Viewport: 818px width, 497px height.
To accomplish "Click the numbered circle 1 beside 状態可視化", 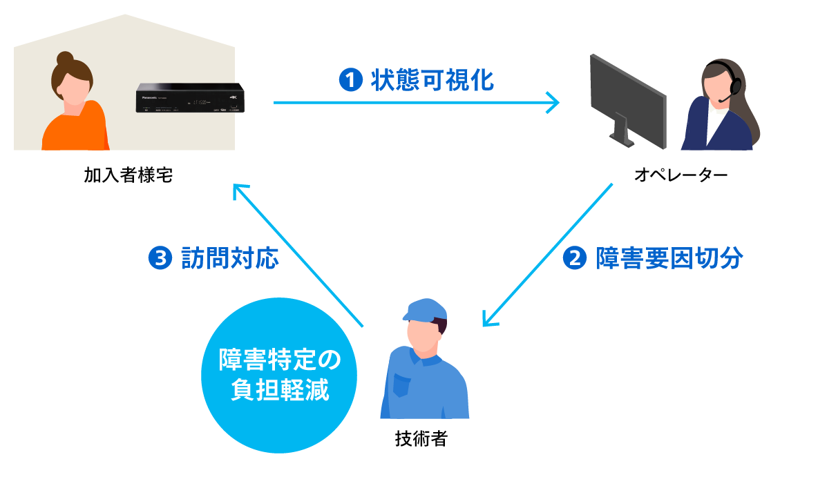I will point(350,81).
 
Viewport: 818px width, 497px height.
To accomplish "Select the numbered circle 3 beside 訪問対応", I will point(160,259).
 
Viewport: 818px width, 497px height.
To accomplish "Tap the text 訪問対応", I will point(229,259).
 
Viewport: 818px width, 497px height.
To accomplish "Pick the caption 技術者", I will point(421,439).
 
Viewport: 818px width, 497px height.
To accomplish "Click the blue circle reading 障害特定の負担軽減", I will point(279,375).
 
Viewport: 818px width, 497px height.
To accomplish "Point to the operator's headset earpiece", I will point(736,86).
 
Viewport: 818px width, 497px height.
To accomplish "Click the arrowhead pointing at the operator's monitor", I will point(553,103).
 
